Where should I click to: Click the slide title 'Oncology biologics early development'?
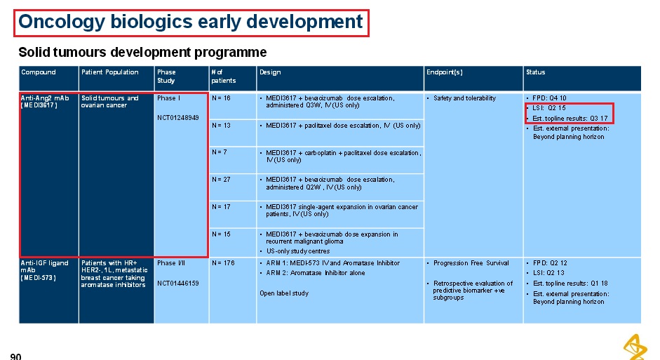tap(191, 22)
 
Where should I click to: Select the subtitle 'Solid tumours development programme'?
tap(142, 52)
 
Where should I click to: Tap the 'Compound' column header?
tap(39, 72)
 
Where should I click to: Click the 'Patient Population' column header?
tap(109, 72)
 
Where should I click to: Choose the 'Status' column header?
tap(535, 72)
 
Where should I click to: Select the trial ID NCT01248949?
tap(178, 117)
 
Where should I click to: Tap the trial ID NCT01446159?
tap(178, 283)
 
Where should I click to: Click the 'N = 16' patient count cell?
tap(222, 98)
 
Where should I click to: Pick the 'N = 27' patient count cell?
tap(222, 180)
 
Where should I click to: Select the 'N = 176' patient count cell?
tap(223, 262)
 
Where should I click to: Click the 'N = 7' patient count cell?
tap(220, 152)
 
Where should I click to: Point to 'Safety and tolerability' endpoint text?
tap(465, 98)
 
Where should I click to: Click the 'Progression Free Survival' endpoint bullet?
tap(471, 262)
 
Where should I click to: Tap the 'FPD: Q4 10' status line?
tap(549, 98)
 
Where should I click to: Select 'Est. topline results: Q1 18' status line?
tap(570, 284)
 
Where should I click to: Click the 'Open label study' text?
tap(284, 293)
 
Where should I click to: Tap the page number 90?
tap(15, 356)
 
